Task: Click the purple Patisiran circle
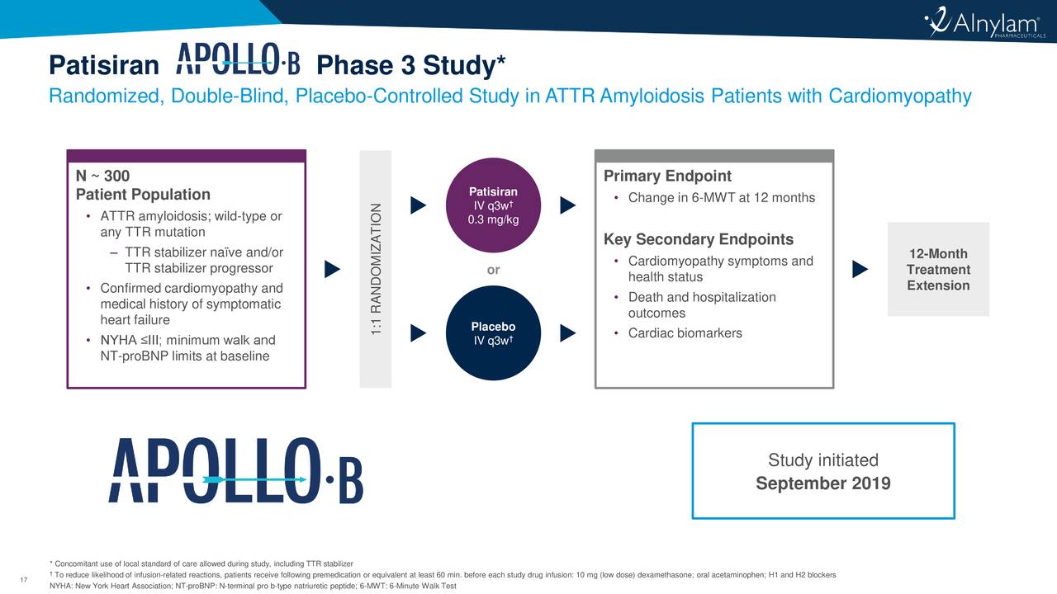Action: tap(493, 207)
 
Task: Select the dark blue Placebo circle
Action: tap(493, 332)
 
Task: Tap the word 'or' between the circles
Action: tap(493, 270)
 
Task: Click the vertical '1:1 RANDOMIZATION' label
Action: tap(376, 269)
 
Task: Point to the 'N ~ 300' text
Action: tap(102, 177)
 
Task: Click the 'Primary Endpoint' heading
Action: tap(667, 177)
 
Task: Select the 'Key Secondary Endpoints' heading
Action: tap(699, 240)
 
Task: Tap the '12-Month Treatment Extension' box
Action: tap(937, 270)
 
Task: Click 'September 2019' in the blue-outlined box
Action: tap(822, 483)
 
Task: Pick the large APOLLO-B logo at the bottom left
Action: tap(235, 470)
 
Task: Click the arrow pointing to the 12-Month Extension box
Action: tap(860, 269)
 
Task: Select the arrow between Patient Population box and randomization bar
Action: tap(332, 269)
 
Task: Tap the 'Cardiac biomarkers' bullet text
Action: tap(685, 333)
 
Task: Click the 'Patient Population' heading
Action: tap(143, 196)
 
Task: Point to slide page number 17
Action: tap(23, 578)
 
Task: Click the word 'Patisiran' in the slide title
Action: tap(103, 65)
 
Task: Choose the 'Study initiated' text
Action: tap(822, 460)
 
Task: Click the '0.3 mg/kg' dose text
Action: tap(493, 219)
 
